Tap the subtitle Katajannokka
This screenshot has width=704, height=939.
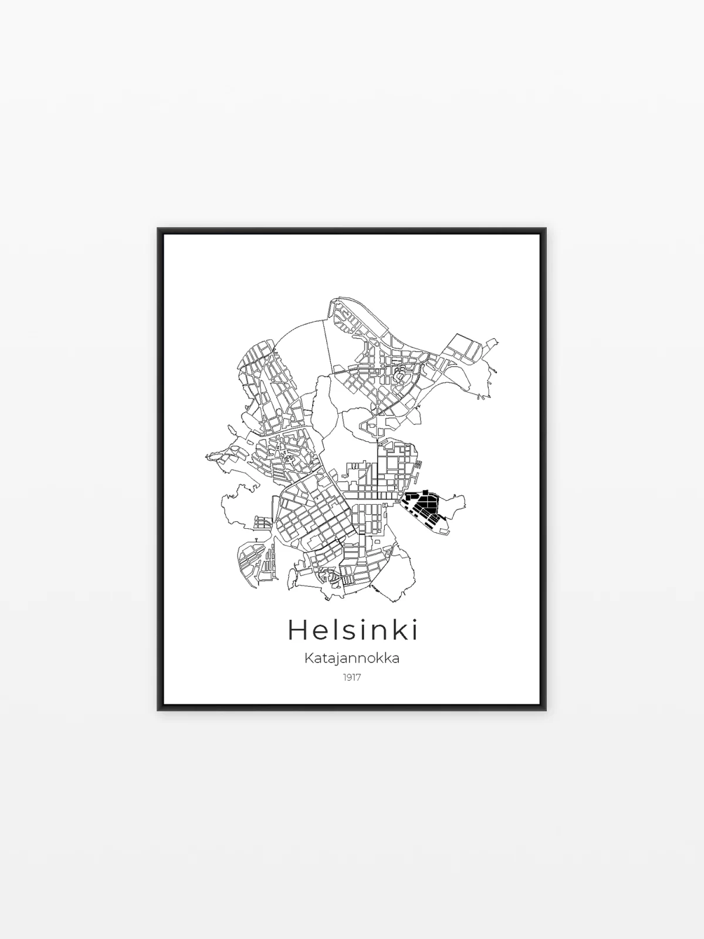click(352, 670)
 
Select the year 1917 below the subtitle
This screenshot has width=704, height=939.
click(352, 690)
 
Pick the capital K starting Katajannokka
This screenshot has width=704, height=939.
click(309, 670)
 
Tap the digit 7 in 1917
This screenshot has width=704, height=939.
click(358, 690)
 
